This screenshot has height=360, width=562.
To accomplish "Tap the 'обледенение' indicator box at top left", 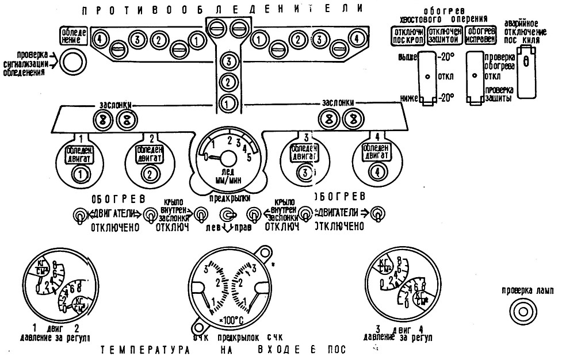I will click(74, 36).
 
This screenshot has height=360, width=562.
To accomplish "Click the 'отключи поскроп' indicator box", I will click(407, 35).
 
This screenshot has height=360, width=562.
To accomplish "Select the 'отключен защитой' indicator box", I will click(444, 35).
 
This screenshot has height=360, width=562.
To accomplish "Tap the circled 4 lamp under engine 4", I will click(377, 172).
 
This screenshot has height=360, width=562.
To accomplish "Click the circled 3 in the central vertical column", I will click(229, 61).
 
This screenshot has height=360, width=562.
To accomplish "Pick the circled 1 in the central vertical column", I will click(229, 104).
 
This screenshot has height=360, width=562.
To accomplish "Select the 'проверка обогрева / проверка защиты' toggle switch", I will click(474, 78).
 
